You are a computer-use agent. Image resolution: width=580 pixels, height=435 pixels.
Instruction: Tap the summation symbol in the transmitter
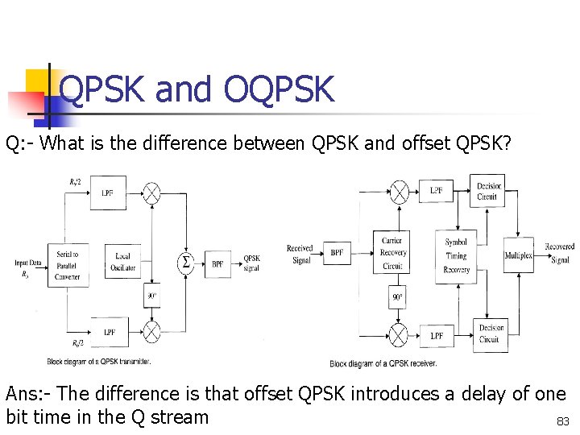(185, 262)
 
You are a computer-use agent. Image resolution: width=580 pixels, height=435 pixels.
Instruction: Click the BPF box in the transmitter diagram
(217, 263)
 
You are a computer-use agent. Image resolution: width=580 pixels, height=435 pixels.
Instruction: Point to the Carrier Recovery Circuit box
(392, 253)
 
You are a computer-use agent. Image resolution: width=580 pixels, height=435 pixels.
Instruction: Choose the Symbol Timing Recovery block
(456, 255)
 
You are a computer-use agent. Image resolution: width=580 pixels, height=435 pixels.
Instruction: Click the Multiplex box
(518, 255)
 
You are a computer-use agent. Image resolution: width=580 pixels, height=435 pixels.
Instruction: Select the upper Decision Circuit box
(489, 191)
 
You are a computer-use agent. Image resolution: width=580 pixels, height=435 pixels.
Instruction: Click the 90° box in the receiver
(397, 297)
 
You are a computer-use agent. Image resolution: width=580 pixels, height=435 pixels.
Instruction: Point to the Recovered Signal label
(559, 253)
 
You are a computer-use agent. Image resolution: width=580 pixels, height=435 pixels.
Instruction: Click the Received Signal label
(300, 254)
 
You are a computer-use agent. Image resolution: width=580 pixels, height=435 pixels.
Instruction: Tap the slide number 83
(562, 420)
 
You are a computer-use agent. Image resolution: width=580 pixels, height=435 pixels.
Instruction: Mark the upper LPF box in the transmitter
(107, 193)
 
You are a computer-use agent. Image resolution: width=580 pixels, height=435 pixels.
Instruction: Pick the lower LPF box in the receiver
(436, 335)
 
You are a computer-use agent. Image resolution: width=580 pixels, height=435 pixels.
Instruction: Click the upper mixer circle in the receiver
(398, 191)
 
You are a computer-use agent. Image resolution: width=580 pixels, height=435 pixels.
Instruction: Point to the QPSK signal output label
(251, 263)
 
